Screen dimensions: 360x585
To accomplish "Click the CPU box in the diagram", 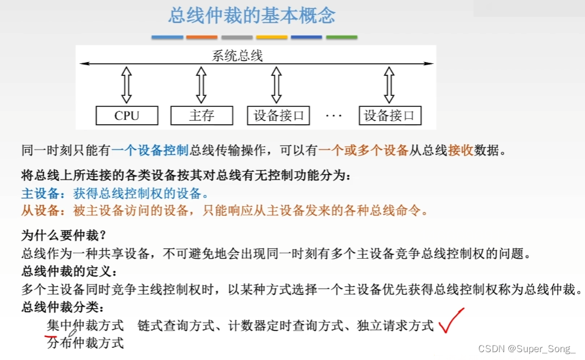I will tap(127, 115).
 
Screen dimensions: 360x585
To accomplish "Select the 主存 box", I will tap(201, 115).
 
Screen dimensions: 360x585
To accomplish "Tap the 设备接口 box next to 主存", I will tap(279, 115).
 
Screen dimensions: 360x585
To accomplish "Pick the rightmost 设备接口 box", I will tap(390, 115).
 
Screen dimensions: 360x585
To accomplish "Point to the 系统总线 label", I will tap(238, 56).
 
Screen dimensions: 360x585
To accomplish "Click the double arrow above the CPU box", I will tap(126, 85).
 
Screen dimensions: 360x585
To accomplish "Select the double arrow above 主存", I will tap(201, 85).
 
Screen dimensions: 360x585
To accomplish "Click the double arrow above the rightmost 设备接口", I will tap(390, 85).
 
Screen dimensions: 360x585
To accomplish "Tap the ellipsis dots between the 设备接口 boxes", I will tap(334, 115).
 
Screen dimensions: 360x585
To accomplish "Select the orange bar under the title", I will tap(202, 37).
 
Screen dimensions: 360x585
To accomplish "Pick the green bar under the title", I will tap(341, 37).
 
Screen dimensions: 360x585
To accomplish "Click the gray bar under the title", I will tap(237, 37).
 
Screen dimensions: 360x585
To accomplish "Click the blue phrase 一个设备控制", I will tap(150, 151).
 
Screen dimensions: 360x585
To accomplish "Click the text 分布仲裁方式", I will tap(85, 343).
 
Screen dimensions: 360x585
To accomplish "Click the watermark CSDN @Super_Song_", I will tap(527, 349).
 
